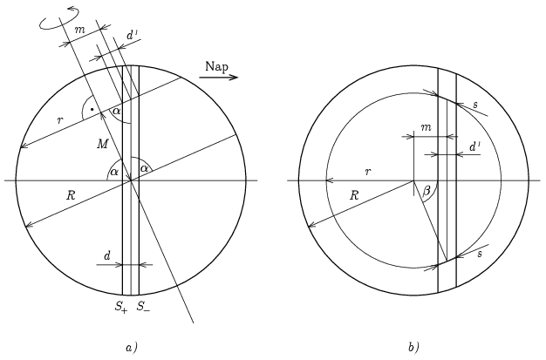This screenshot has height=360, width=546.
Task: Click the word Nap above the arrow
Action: pyautogui.click(x=218, y=66)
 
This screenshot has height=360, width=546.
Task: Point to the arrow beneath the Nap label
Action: pyautogui.click(x=219, y=78)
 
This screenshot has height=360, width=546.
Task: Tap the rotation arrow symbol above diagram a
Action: pyautogui.click(x=53, y=20)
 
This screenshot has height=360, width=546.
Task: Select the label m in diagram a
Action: pyautogui.click(x=79, y=31)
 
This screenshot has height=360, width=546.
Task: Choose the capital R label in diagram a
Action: pyautogui.click(x=70, y=195)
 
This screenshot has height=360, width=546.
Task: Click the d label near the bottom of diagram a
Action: pyautogui.click(x=107, y=255)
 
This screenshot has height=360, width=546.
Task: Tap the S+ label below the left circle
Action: pyautogui.click(x=119, y=306)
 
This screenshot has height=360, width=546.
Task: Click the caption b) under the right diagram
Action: pyautogui.click(x=413, y=348)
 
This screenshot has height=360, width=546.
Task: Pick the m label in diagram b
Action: pyautogui.click(x=426, y=128)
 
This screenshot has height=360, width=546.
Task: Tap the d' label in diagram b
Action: pyautogui.click(x=474, y=147)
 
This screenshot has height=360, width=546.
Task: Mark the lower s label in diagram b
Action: pyautogui.click(x=479, y=252)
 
